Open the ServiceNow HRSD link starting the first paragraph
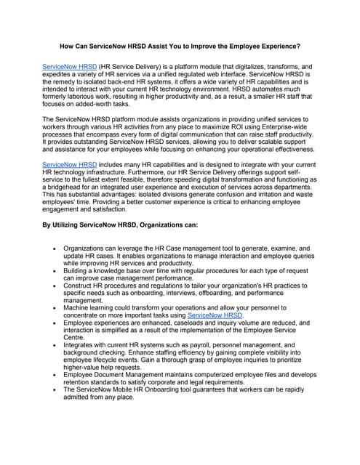tap(69, 65)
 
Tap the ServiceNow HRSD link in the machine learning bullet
tap(215, 316)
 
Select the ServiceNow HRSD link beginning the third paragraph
tap(69, 165)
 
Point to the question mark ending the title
tap(299, 46)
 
